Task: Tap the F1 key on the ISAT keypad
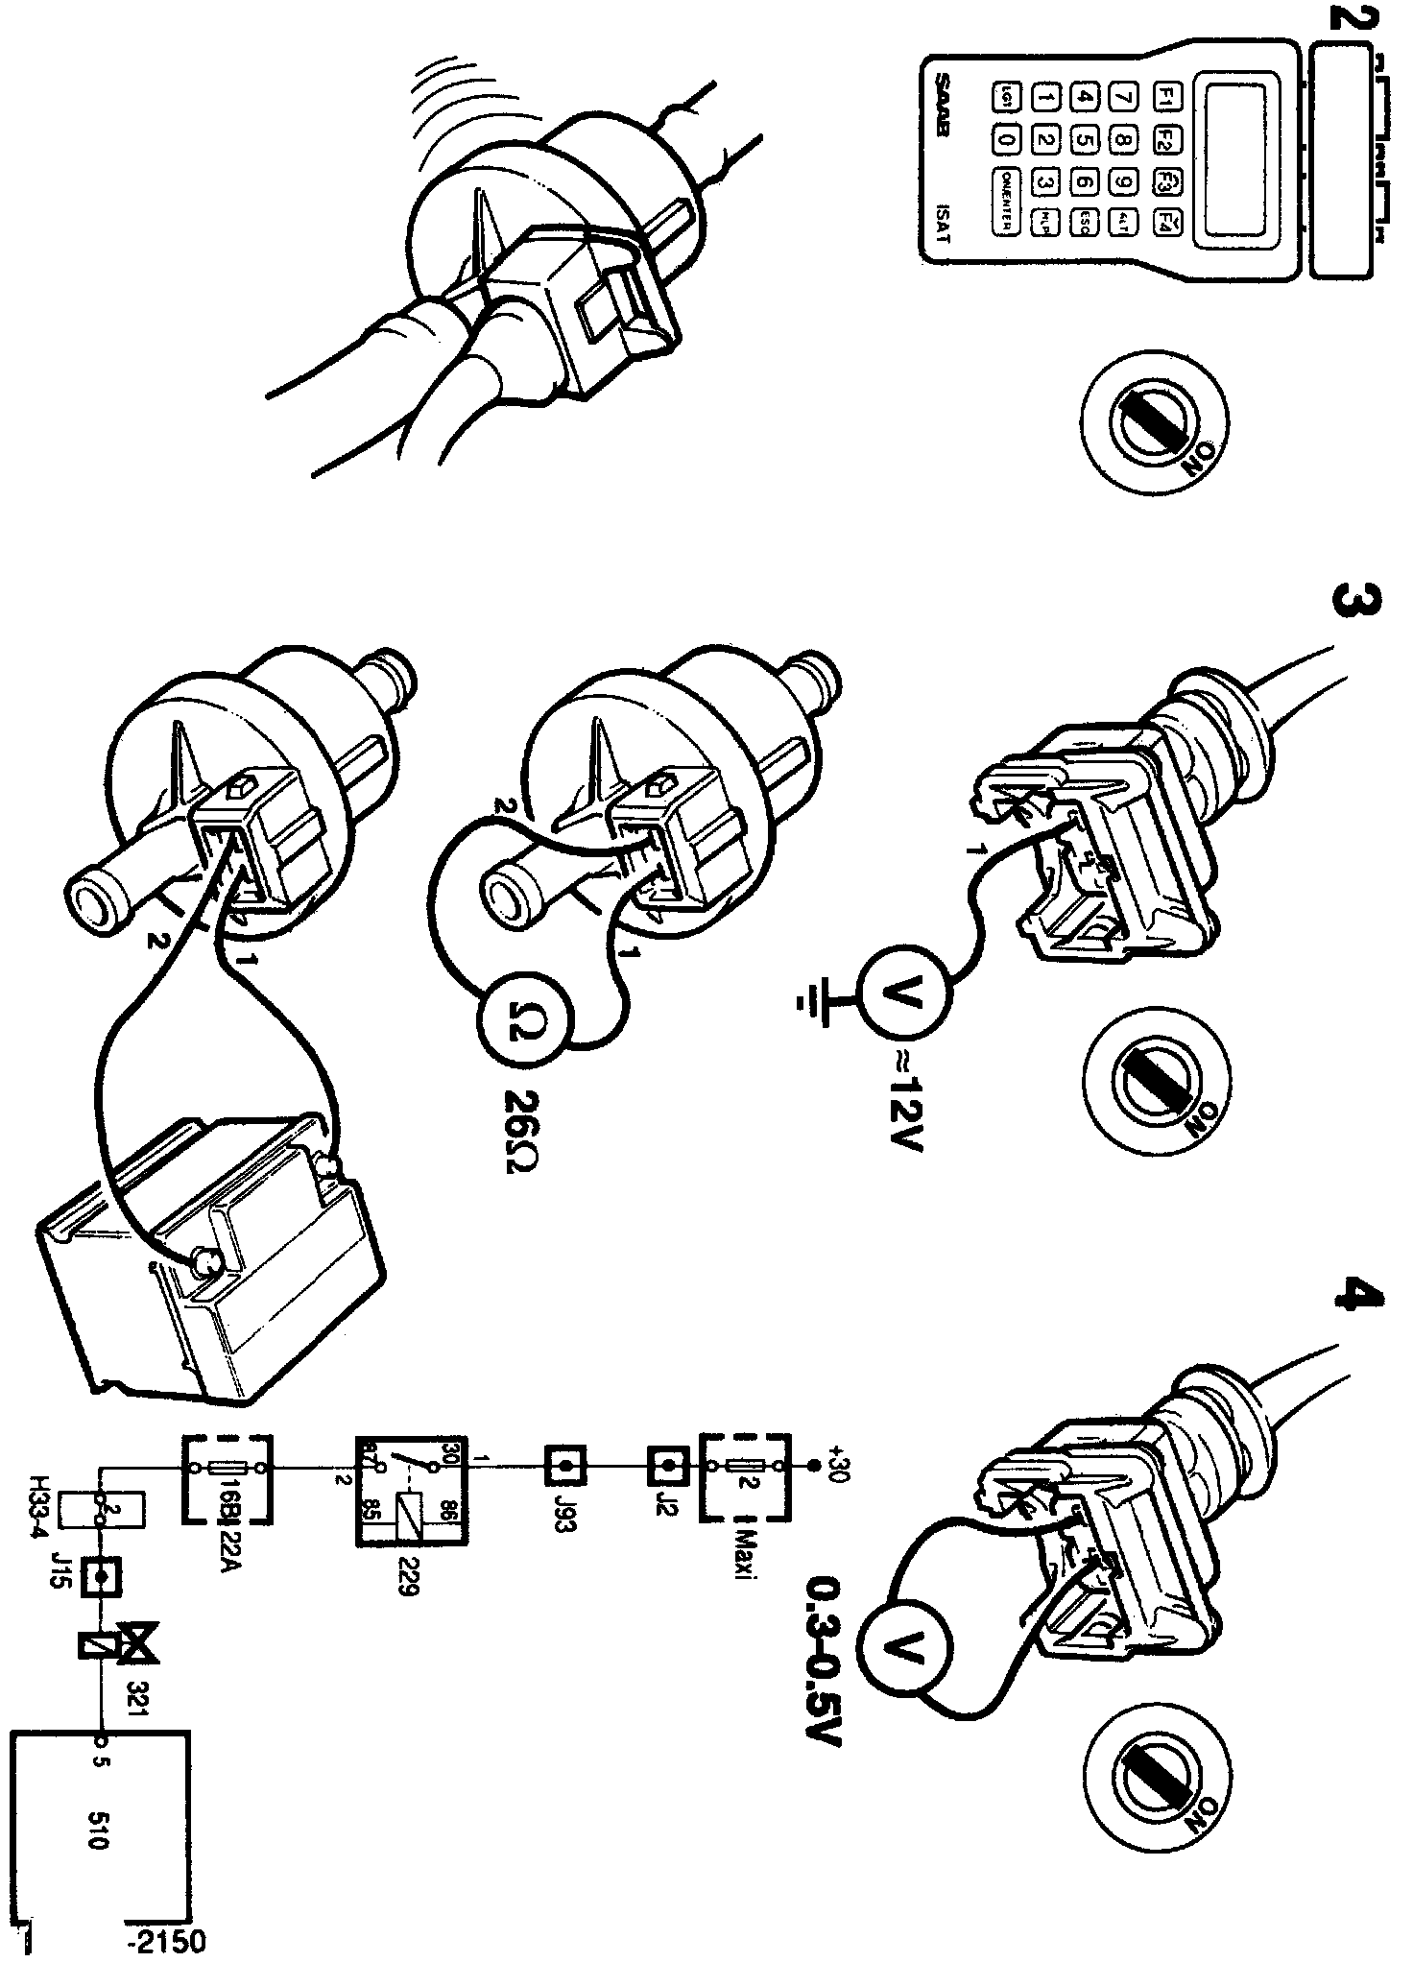[x=1168, y=96]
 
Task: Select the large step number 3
[x=1355, y=603]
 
